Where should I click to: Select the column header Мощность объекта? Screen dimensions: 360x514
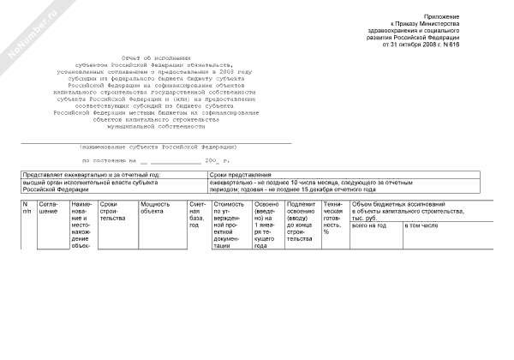157,207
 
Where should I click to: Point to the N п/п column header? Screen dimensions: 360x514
27,207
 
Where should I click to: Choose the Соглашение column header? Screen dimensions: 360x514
48,207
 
